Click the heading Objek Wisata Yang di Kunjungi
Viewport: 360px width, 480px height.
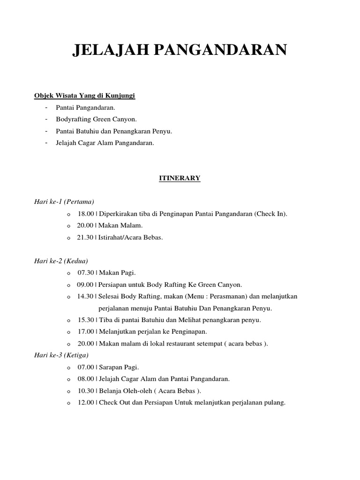pyautogui.click(x=84, y=96)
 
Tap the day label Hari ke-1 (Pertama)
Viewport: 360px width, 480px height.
pyautogui.click(x=64, y=202)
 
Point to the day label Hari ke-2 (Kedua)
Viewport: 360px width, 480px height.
pyautogui.click(x=61, y=261)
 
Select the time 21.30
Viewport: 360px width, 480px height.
pyautogui.click(x=86, y=237)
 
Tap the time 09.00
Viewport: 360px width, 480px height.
pyautogui.click(x=86, y=285)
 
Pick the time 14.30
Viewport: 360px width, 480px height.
pyautogui.click(x=86, y=296)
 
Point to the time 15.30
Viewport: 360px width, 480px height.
pyautogui.click(x=86, y=320)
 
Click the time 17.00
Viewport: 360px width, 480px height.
pyautogui.click(x=86, y=331)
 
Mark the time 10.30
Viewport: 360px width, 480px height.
pyautogui.click(x=86, y=390)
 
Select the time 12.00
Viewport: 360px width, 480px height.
pyautogui.click(x=86, y=402)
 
